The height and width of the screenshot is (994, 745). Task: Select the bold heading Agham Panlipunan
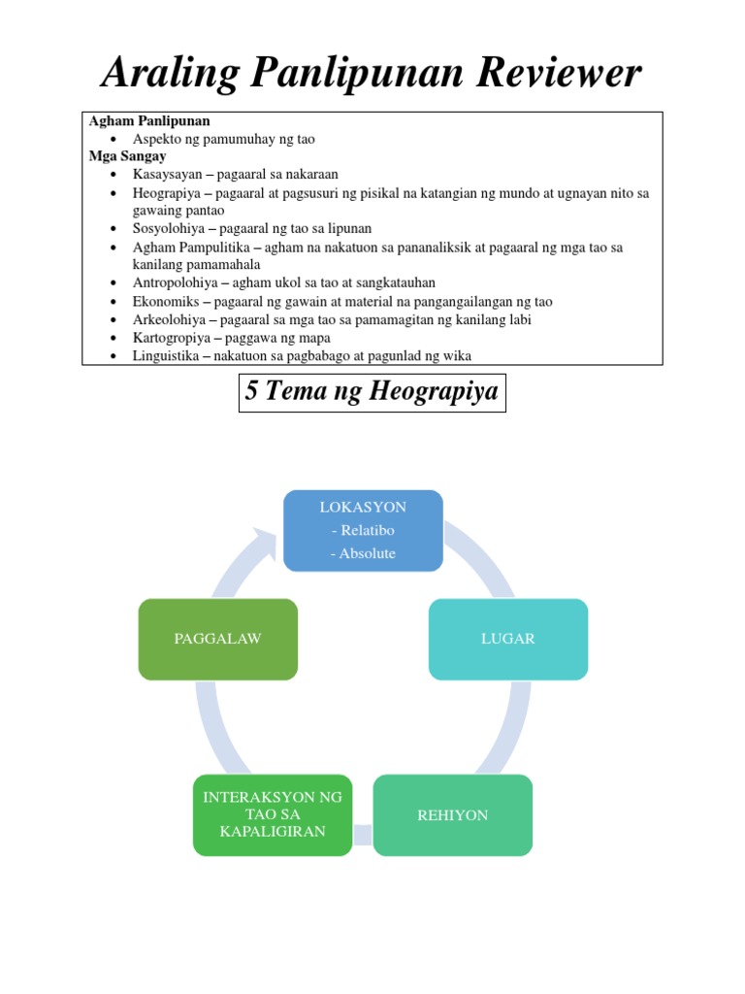click(x=149, y=121)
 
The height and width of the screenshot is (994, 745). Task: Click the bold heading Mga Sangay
click(x=128, y=155)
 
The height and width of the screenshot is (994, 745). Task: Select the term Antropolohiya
click(x=175, y=282)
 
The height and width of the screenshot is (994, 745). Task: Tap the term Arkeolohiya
click(x=170, y=319)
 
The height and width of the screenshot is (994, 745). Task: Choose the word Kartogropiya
click(x=172, y=338)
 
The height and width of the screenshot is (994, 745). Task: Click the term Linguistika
click(x=167, y=356)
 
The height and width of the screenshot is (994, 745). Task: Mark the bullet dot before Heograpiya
click(x=113, y=193)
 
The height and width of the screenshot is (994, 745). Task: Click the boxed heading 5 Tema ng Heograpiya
click(x=372, y=392)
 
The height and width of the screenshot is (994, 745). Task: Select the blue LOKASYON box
click(x=363, y=530)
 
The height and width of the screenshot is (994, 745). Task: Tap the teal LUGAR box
click(x=508, y=639)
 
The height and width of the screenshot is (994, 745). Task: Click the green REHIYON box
click(x=453, y=815)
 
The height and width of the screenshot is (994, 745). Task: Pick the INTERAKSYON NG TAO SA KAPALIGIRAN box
click(x=273, y=815)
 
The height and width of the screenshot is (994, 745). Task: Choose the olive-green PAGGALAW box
click(x=218, y=639)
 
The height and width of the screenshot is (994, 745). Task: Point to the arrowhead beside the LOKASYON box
click(x=264, y=537)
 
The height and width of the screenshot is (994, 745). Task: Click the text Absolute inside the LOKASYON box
click(x=363, y=553)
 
